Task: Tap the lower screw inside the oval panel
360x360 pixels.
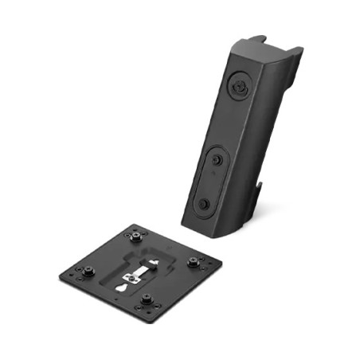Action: pyautogui.click(x=205, y=203)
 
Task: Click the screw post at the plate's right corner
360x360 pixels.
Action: pyautogui.click(x=192, y=261)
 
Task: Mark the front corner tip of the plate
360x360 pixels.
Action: pyautogui.click(x=151, y=316)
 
